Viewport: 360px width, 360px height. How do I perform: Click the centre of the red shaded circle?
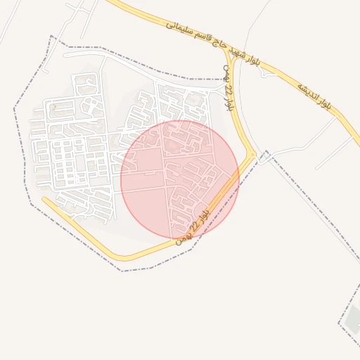[x=180, y=179]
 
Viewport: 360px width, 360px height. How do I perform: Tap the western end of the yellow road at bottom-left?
[x=44, y=199]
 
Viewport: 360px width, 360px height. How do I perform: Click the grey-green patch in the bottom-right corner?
[x=353, y=320]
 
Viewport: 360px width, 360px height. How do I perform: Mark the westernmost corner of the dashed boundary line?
[x=15, y=109]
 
